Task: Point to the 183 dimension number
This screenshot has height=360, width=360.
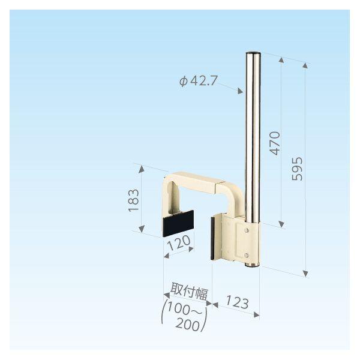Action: coord(134,200)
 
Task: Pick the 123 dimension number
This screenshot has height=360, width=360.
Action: coord(237,302)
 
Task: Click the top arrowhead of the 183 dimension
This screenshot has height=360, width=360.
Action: coord(142,170)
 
